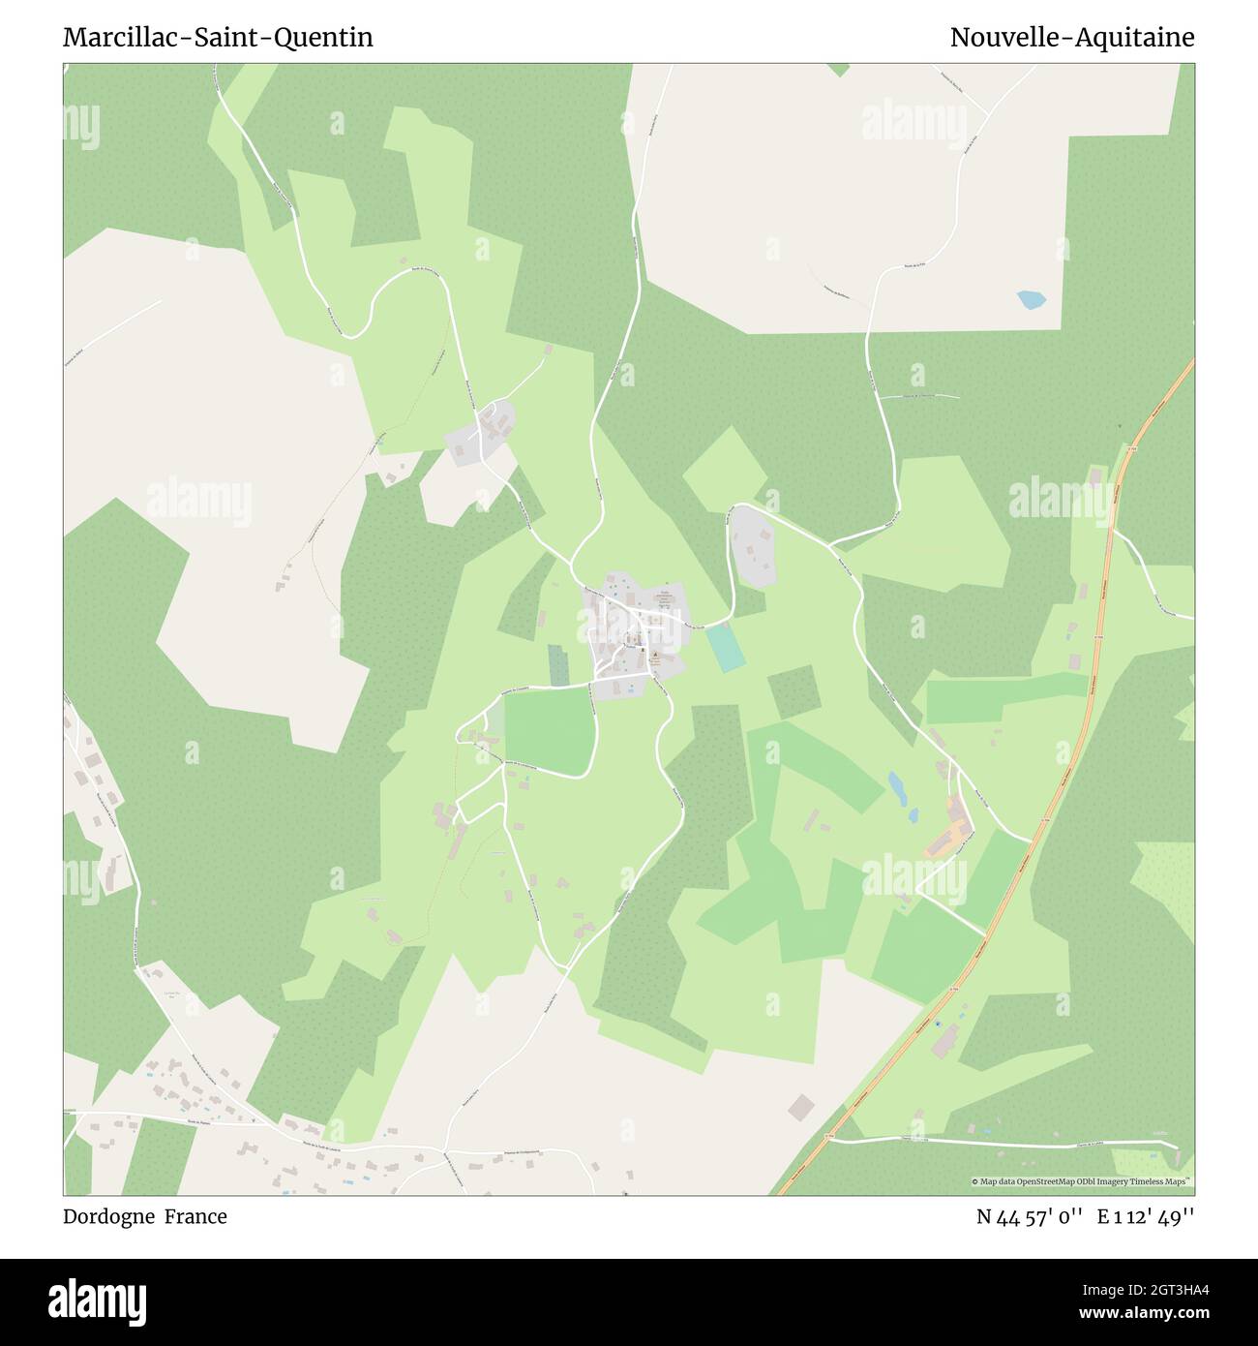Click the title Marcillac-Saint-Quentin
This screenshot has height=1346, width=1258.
click(x=218, y=38)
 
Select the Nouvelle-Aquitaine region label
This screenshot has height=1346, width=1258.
click(x=1071, y=38)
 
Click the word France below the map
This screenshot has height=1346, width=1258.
click(x=195, y=1216)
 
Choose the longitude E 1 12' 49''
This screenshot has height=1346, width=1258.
click(x=1146, y=1217)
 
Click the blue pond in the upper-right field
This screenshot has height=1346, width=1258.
click(x=1030, y=300)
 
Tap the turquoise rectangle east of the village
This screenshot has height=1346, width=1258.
click(x=725, y=648)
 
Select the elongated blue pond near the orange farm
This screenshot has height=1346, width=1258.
click(x=897, y=787)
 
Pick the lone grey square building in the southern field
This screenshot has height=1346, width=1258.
click(x=800, y=1107)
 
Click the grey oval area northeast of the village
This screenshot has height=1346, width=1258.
click(x=753, y=546)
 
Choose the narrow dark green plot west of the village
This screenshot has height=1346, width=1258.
click(x=558, y=665)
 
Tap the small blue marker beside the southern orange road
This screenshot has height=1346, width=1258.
click(x=937, y=1052)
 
